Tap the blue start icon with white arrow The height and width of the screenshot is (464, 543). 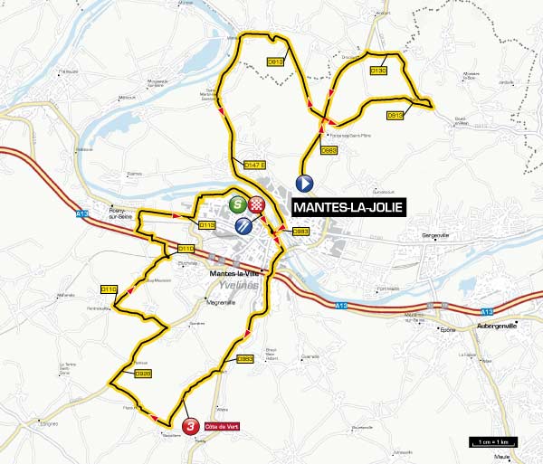pyautogui.click(x=305, y=183)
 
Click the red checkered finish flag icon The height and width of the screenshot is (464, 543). pyautogui.click(x=259, y=204)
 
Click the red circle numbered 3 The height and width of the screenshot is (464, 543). pyautogui.click(x=190, y=426)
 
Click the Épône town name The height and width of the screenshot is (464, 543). pyautogui.click(x=446, y=330)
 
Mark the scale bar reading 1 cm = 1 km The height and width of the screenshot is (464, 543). pyautogui.click(x=493, y=442)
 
